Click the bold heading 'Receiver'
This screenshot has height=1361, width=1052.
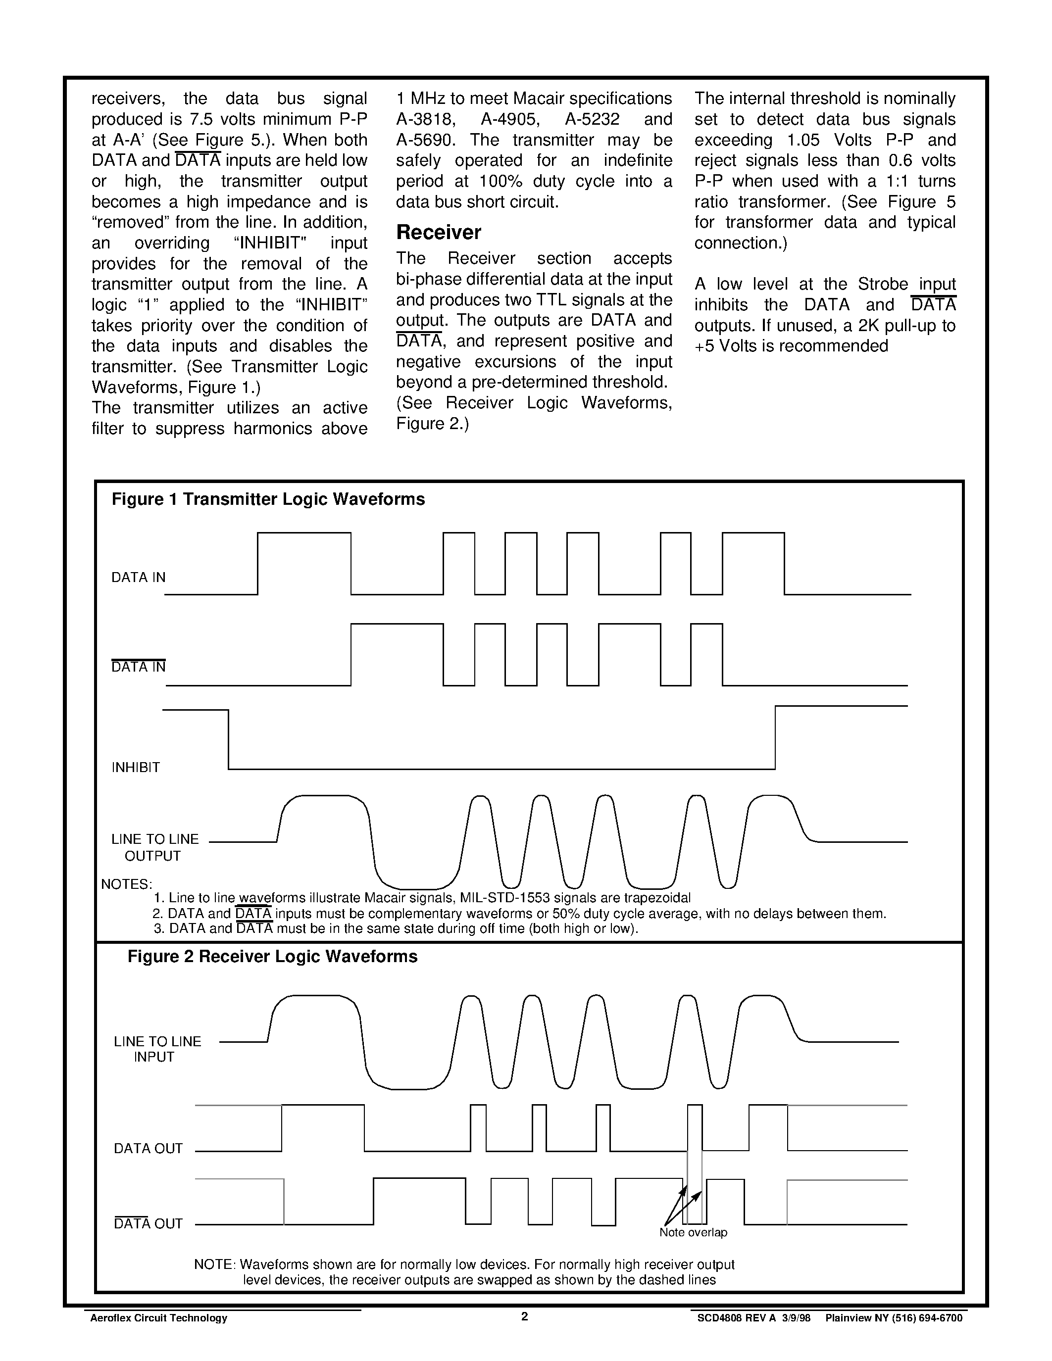(x=439, y=233)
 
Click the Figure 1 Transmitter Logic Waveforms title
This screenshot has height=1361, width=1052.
(x=268, y=499)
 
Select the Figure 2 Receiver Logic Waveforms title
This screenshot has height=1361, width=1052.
(x=272, y=957)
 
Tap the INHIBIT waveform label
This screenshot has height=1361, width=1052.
(x=136, y=768)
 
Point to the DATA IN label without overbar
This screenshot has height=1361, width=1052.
(x=138, y=578)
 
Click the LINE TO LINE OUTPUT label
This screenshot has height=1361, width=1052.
(x=154, y=847)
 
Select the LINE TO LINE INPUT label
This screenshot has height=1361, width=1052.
(x=157, y=1049)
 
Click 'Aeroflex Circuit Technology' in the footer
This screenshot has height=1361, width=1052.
(x=159, y=1318)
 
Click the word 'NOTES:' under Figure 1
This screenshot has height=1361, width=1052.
(x=127, y=884)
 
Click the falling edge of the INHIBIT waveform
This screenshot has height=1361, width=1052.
(x=229, y=739)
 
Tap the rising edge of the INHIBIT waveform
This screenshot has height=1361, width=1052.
(x=775, y=738)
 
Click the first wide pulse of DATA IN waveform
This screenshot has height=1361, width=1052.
(x=304, y=534)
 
